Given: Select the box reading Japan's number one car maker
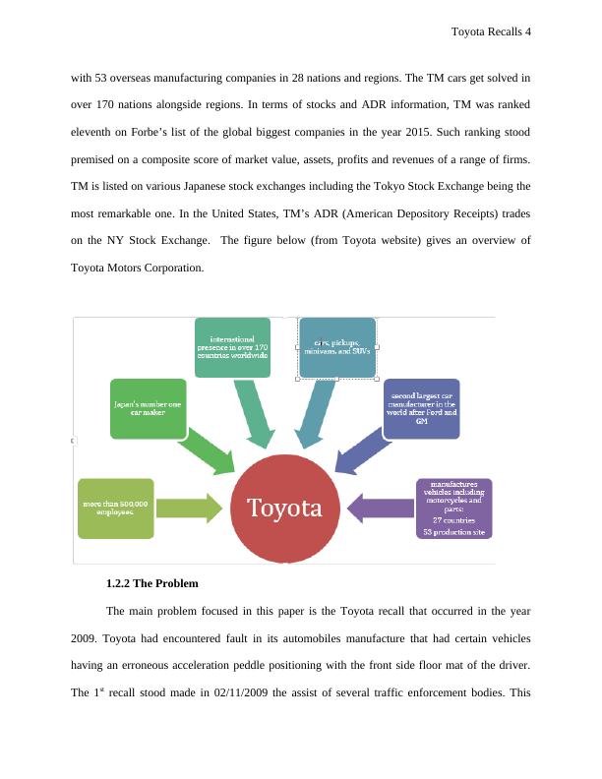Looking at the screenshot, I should pos(148,408).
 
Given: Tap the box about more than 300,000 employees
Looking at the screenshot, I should pos(116,508).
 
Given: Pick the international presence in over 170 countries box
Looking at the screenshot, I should pos(232,347).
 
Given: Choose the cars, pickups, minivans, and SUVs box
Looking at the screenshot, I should pos(337,347).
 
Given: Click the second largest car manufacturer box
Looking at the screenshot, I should pos(420,408).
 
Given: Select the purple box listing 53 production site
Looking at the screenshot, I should pos(454,508).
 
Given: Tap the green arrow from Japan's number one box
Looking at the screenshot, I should pos(209,448).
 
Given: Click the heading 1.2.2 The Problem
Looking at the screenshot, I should pos(151,583).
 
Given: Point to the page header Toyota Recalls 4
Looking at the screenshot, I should pos(490,31).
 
